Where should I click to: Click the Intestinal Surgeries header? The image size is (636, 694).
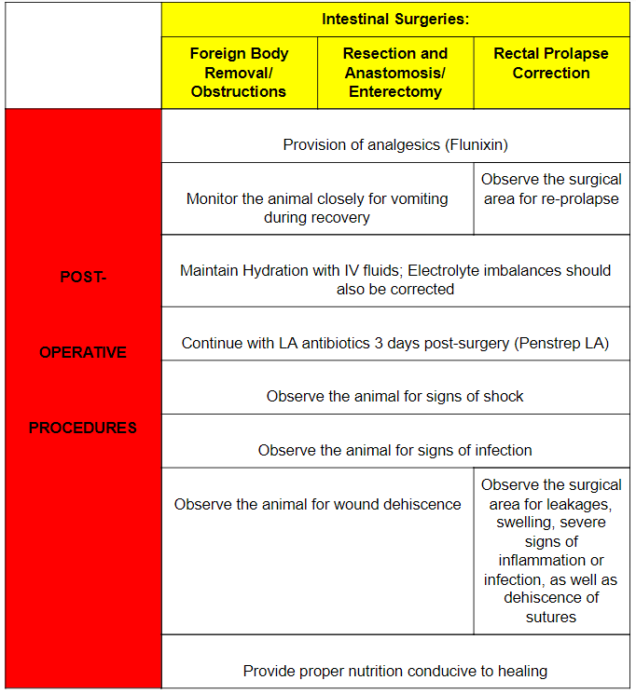(395, 19)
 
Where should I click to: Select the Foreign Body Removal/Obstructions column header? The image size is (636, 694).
(239, 72)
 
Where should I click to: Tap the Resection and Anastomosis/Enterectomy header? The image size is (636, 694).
(395, 72)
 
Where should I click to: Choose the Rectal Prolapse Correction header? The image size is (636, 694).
(551, 62)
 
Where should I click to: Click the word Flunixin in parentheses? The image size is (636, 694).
(473, 144)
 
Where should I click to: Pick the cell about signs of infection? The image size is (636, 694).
(395, 450)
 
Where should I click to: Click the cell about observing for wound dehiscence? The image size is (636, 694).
(317, 504)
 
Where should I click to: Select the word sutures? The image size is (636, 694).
(551, 617)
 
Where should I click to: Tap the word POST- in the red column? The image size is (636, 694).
(83, 277)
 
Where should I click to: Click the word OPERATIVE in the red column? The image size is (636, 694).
(83, 352)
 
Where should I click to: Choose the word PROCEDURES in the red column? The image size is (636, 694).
(83, 428)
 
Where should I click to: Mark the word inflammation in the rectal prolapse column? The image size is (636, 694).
(551, 560)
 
